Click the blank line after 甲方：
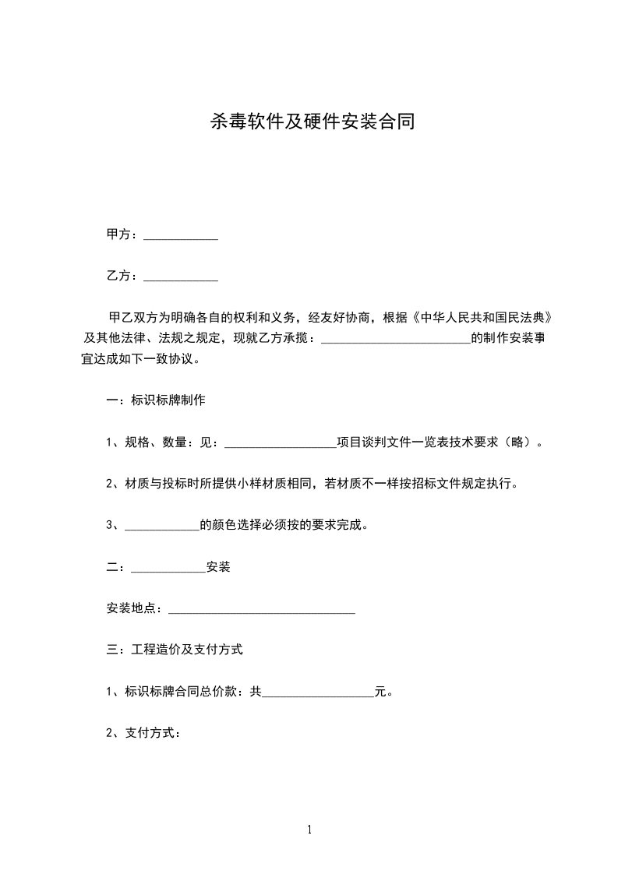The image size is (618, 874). coord(181,234)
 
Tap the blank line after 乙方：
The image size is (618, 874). coord(181,276)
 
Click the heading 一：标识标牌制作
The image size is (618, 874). coord(156,400)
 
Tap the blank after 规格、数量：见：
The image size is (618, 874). coord(281,442)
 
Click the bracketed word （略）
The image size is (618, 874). coord(519,442)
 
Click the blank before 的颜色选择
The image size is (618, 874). coord(162,525)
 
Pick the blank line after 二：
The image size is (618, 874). coord(168,567)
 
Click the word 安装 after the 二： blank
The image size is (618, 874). coord(218,567)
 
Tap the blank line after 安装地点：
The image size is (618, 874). coord(262,608)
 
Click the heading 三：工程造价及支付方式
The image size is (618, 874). coord(175,650)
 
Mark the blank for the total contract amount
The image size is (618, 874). coord(318,692)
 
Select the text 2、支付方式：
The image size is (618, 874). coord(143,733)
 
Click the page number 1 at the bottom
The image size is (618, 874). coord(309,830)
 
